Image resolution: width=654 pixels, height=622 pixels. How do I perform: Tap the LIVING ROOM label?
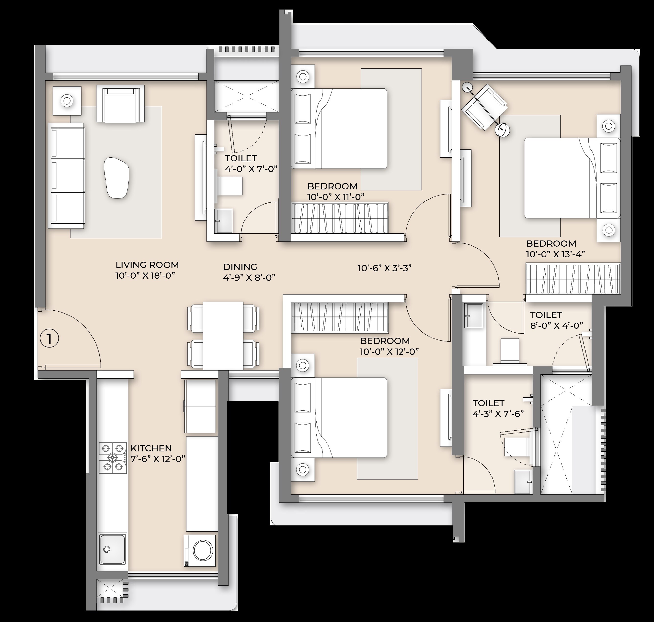tap(147, 265)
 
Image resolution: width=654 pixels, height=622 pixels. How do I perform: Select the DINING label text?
tap(240, 267)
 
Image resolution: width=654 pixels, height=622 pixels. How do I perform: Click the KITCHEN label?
tap(151, 448)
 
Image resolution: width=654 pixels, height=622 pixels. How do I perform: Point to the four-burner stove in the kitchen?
tap(113, 458)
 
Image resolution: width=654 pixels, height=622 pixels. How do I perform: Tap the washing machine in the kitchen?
tap(200, 550)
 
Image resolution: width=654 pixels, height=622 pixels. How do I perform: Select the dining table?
tap(223, 336)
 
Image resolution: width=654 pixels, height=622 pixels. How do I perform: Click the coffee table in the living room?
tap(116, 178)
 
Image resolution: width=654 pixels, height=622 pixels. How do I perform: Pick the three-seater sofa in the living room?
tap(66, 176)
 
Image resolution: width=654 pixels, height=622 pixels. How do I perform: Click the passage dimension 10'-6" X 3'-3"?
tap(384, 268)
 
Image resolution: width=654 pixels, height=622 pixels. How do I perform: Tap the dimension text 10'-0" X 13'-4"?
tap(555, 254)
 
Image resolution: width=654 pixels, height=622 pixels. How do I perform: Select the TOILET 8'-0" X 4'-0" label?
tap(555, 320)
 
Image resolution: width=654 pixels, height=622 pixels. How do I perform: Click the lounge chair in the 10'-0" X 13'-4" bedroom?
tap(485, 106)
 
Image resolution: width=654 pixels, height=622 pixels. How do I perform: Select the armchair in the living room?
tap(120, 103)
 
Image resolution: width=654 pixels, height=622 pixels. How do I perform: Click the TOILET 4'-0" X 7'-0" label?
tap(251, 164)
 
